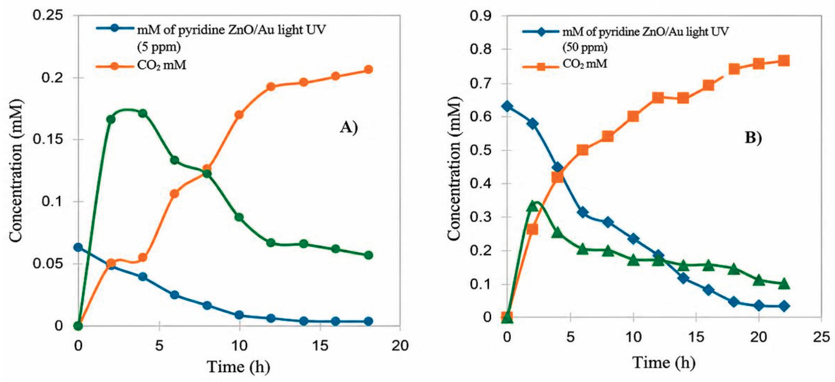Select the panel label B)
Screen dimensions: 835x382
coord(753,138)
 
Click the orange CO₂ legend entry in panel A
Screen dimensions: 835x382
coord(141,66)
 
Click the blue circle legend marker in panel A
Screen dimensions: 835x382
coord(114,28)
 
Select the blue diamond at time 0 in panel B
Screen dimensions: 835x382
coord(507,107)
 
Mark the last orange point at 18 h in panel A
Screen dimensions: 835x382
coord(368,69)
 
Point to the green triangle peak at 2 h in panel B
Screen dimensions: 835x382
coord(532,206)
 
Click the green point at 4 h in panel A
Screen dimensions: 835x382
coord(143,113)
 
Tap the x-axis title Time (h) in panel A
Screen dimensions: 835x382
coord(239,367)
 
